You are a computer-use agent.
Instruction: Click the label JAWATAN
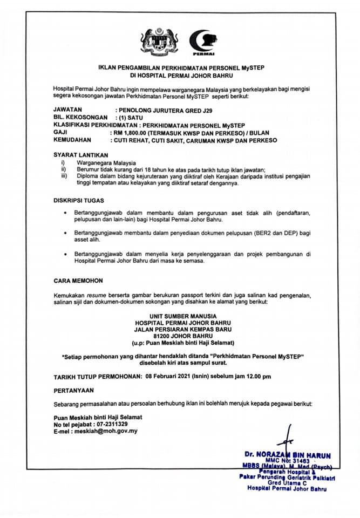pos(67,110)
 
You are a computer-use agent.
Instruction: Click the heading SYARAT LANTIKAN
pos(77,154)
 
